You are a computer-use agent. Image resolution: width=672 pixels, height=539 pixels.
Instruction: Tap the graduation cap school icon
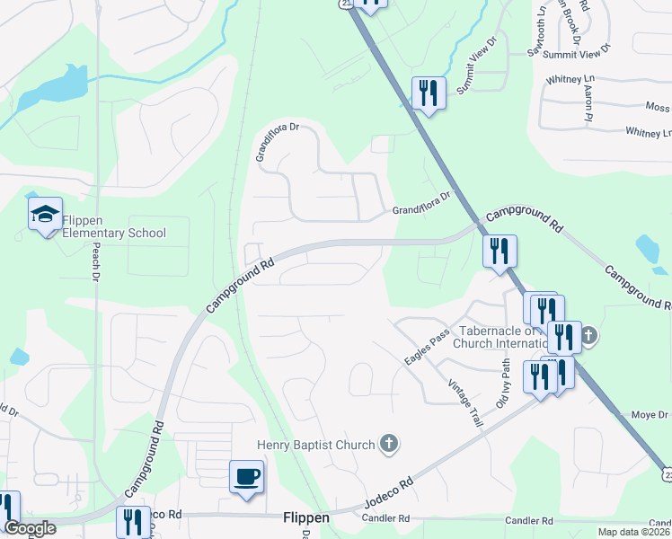click(45, 215)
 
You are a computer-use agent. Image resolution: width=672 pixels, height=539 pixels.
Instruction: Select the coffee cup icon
click(246, 476)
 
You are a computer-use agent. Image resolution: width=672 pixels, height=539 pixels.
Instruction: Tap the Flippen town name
click(305, 518)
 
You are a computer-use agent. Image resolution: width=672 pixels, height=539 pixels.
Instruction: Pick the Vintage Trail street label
click(465, 401)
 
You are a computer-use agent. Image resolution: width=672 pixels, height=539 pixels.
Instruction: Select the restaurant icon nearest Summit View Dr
click(428, 93)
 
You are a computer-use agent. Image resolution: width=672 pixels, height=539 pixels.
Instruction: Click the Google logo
click(30, 528)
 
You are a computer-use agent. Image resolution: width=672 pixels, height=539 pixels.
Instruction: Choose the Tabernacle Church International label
click(500, 336)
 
